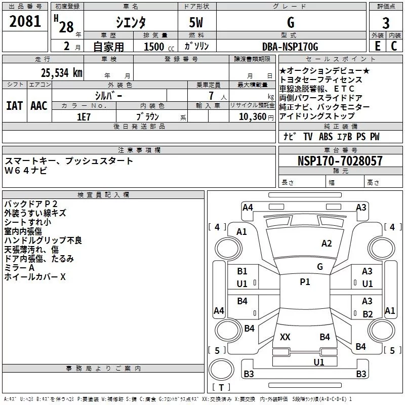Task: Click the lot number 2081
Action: (x=25, y=23)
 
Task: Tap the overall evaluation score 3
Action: (x=386, y=23)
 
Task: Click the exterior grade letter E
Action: (x=377, y=46)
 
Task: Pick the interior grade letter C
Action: (x=394, y=46)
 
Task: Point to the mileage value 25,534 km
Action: (x=59, y=73)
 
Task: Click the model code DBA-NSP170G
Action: (x=290, y=47)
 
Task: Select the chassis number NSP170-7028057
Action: (x=340, y=161)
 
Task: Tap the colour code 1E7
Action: (x=84, y=116)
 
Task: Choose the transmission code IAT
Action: (x=14, y=106)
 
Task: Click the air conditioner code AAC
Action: (x=38, y=106)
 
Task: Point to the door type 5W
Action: (x=196, y=23)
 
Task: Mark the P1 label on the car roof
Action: (x=305, y=282)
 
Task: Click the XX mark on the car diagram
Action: (x=285, y=337)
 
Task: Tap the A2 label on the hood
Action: (x=327, y=244)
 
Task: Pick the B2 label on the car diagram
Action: (x=368, y=314)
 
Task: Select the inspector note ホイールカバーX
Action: (x=35, y=277)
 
